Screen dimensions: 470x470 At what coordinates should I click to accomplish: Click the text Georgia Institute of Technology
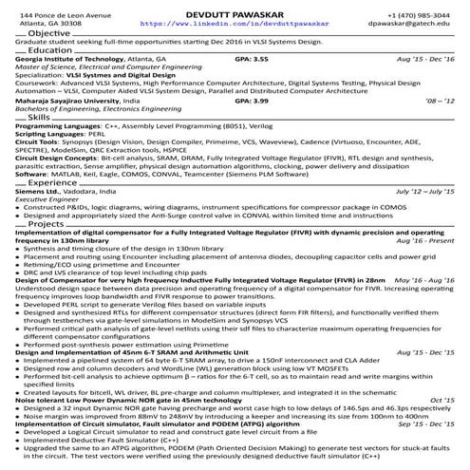pos(65,59)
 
